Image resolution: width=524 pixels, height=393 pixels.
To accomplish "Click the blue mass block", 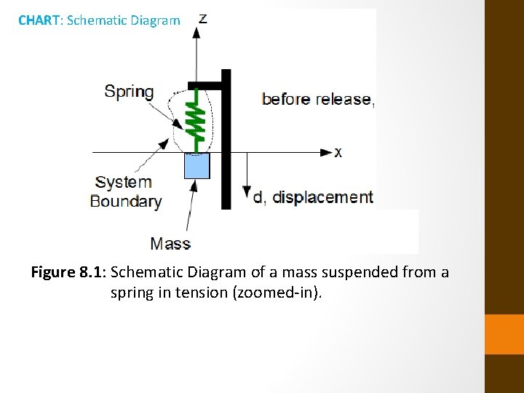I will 197,166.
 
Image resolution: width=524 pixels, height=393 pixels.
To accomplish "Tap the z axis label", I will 203,18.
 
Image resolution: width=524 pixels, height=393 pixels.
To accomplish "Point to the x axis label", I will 338,152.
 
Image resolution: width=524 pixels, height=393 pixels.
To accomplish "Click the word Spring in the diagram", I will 129,92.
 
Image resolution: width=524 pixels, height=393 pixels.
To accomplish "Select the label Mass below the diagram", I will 170,244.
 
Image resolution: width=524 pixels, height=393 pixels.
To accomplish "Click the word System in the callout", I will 124,182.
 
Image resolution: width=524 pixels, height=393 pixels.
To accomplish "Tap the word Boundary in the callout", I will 125,201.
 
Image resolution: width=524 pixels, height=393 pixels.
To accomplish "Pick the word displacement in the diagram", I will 322,196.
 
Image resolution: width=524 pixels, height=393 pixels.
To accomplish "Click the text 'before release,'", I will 318,99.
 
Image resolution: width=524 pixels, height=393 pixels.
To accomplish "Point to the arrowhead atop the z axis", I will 196,33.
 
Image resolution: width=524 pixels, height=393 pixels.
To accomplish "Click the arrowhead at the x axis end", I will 326,152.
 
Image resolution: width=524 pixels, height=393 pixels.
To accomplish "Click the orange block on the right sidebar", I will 504,334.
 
